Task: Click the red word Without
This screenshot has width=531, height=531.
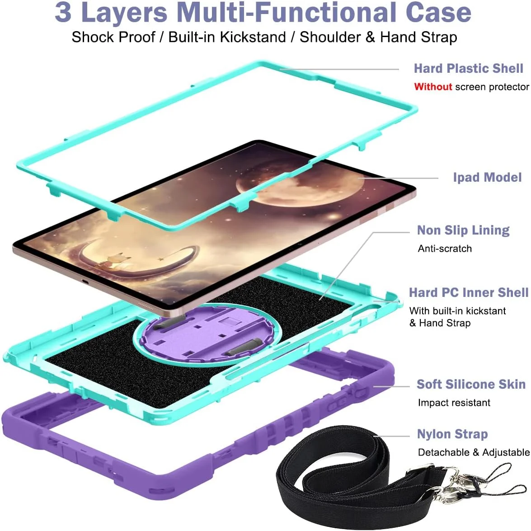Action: click(433, 87)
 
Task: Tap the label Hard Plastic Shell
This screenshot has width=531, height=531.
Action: click(468, 68)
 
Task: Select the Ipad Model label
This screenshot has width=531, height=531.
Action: click(487, 178)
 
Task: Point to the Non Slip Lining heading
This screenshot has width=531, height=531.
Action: click(463, 230)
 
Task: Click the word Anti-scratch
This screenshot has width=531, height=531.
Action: click(445, 249)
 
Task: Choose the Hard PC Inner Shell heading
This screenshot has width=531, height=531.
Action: click(469, 292)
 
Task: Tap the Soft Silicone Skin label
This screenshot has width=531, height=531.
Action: click(471, 385)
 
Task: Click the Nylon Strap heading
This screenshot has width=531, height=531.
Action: click(452, 434)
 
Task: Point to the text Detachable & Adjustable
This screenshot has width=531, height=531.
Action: click(474, 452)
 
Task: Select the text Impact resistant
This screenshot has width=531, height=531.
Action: click(454, 403)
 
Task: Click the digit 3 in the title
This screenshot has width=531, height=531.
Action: click(63, 12)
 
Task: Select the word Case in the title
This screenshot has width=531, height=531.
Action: click(438, 12)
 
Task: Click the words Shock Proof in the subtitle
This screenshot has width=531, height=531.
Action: click(113, 37)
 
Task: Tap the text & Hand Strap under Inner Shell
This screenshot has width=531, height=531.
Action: click(440, 323)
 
